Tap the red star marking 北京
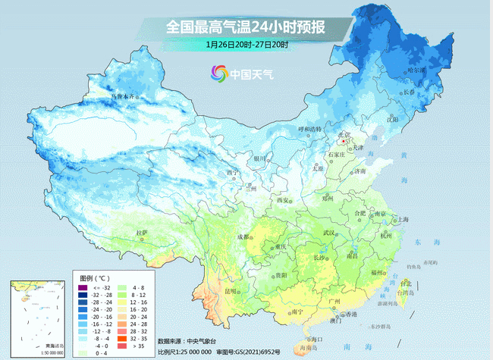click(x=344, y=141)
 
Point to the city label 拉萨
click(x=140, y=233)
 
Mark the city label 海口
click(x=318, y=339)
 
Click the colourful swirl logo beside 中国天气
click(x=219, y=74)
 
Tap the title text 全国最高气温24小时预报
click(x=246, y=27)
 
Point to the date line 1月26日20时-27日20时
click(x=246, y=45)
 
